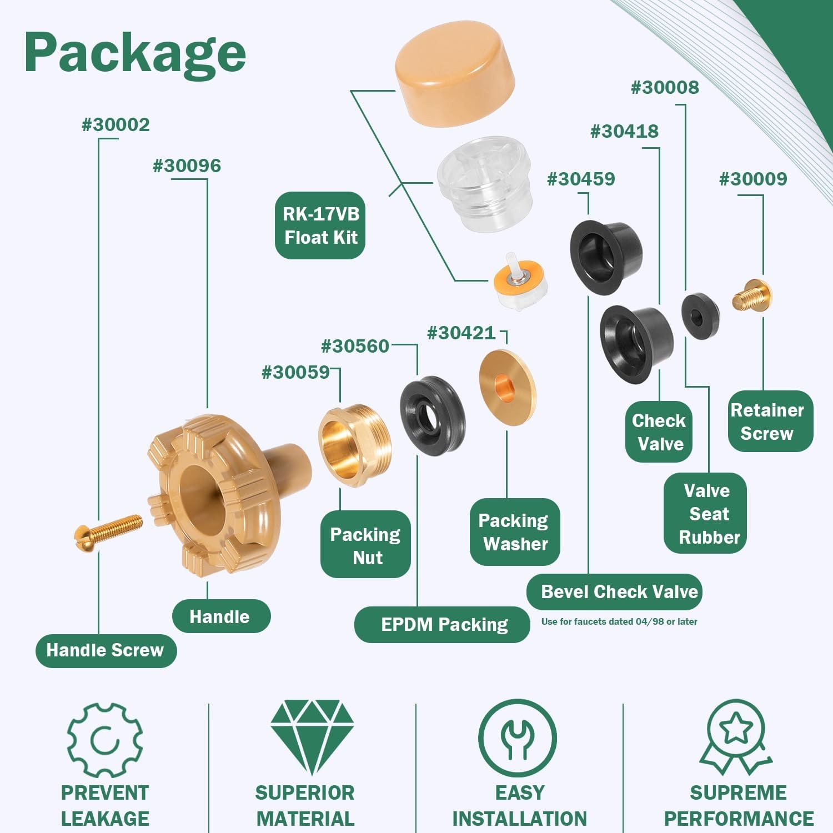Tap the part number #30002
[116, 124]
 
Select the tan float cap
[455, 74]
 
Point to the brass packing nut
[355, 445]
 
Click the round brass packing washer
[508, 388]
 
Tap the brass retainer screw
[752, 295]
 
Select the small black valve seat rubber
[700, 316]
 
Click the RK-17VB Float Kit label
[320, 225]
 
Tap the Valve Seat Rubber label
[705, 513]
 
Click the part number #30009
[753, 179]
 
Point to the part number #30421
[461, 333]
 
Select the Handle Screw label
[106, 650]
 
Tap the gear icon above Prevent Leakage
[104, 740]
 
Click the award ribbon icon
[736, 737]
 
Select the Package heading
[135, 53]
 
